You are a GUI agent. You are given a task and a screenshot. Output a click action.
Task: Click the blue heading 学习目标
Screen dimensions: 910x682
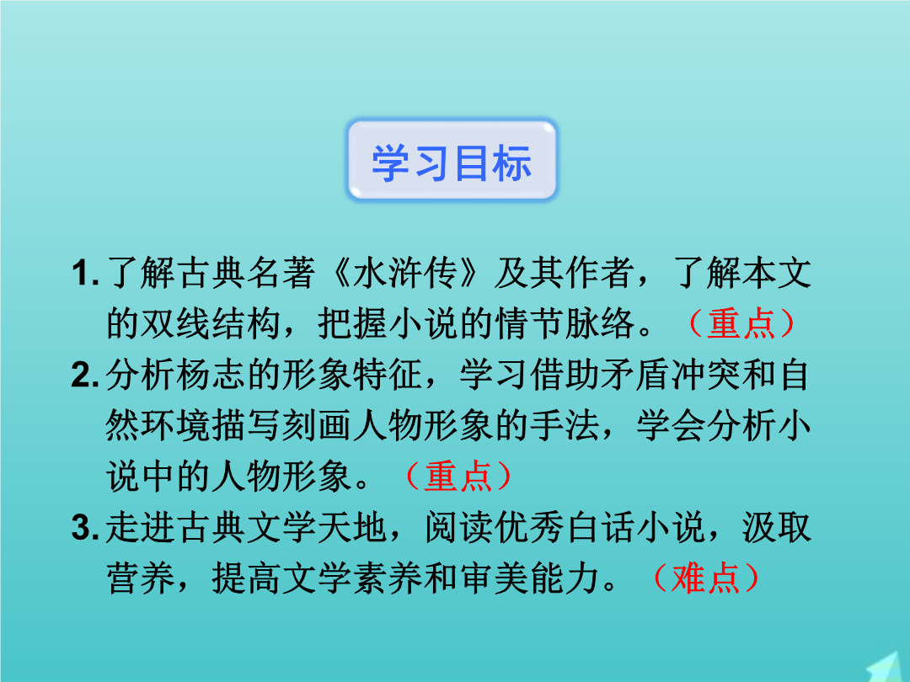(452, 163)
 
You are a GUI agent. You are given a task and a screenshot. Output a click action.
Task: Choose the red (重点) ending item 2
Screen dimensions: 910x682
(458, 477)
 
